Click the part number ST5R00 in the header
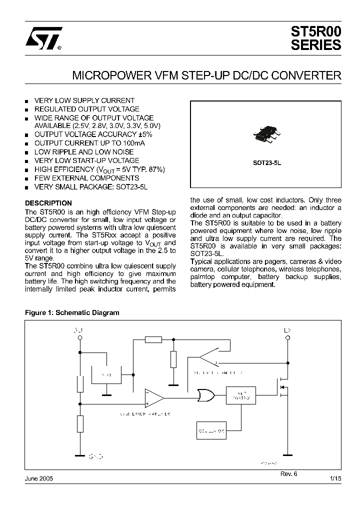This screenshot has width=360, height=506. click(x=315, y=31)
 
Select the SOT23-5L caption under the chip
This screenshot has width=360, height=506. click(x=266, y=162)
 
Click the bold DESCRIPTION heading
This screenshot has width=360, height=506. click(x=48, y=203)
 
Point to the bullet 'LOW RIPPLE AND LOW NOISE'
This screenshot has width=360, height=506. click(x=84, y=152)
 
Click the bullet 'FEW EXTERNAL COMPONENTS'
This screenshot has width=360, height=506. click(x=86, y=178)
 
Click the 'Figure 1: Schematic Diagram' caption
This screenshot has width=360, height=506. click(x=72, y=313)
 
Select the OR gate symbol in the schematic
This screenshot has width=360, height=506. click(x=205, y=396)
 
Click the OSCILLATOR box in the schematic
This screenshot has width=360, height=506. click(x=211, y=429)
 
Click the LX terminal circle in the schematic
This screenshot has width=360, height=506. click(x=287, y=338)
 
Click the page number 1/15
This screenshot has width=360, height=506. click(x=335, y=478)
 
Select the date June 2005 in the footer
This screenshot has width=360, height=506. click(x=39, y=478)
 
